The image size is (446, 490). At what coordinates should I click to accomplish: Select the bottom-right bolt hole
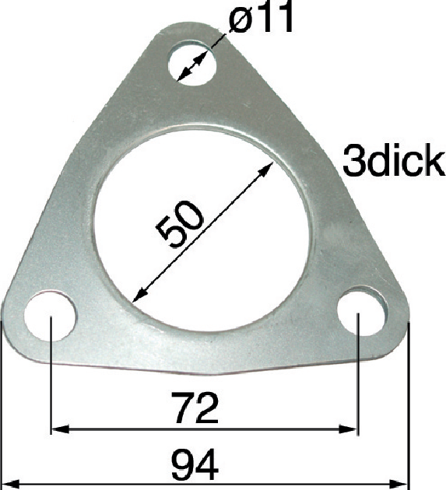pyautogui.click(x=363, y=311)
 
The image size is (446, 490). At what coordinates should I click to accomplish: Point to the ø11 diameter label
pyautogui.click(x=262, y=17)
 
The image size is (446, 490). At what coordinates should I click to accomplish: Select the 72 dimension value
pyautogui.click(x=196, y=408)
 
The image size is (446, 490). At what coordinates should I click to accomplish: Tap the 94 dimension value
pyautogui.click(x=195, y=464)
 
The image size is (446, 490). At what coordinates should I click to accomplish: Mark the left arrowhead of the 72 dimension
pyautogui.click(x=60, y=429)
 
